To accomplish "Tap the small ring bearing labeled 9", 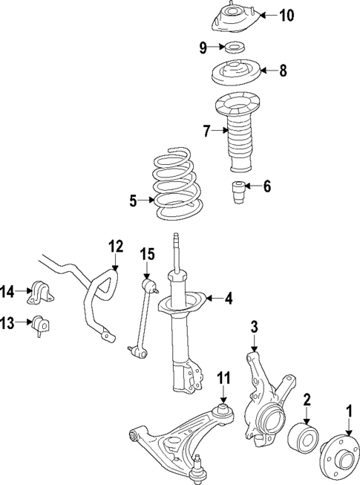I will click(235, 50).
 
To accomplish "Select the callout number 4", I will click(228, 299).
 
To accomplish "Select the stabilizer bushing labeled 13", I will click(39, 325).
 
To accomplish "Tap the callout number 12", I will click(115, 246).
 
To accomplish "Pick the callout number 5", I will click(133, 200).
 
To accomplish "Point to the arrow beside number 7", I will click(218, 131).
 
